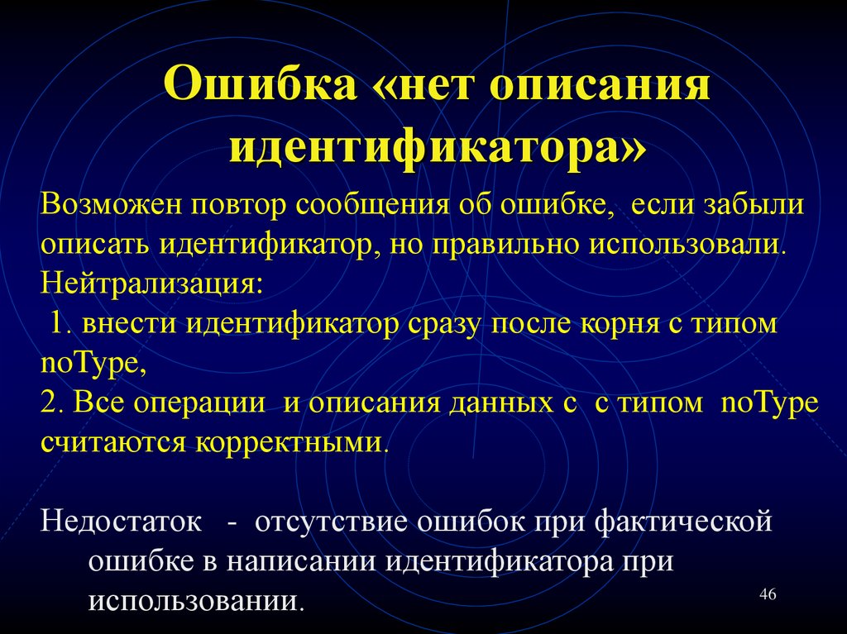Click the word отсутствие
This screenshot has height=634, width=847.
(x=331, y=523)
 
